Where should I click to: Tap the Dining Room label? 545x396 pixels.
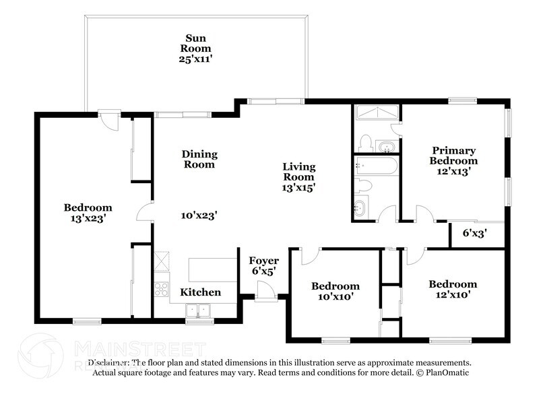[199, 159]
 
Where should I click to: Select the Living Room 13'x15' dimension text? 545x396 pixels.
[298, 188]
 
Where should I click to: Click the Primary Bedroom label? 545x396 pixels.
[454, 156]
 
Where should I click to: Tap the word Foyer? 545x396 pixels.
[264, 261]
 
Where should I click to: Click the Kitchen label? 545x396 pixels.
[200, 292]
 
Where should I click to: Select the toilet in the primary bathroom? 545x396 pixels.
[365, 142]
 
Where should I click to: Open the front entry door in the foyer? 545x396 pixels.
[265, 290]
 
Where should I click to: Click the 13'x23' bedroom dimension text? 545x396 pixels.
[88, 218]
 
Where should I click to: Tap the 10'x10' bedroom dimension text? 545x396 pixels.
[335, 296]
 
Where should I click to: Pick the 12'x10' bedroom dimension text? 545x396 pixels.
[453, 294]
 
